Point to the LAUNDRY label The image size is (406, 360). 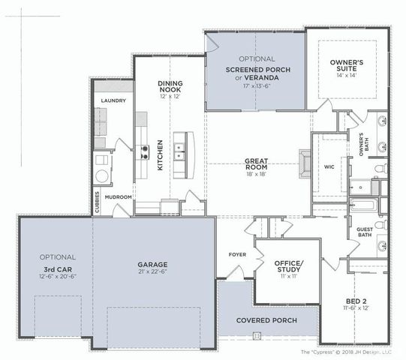pyautogui.click(x=113, y=100)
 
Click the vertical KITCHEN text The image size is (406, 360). pyautogui.click(x=159, y=157)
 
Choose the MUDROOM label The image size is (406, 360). pyautogui.click(x=119, y=197)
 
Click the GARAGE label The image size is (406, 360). pyautogui.click(x=152, y=264)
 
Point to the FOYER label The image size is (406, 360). pyautogui.click(x=236, y=255)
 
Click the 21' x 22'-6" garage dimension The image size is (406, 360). pyautogui.click(x=152, y=272)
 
